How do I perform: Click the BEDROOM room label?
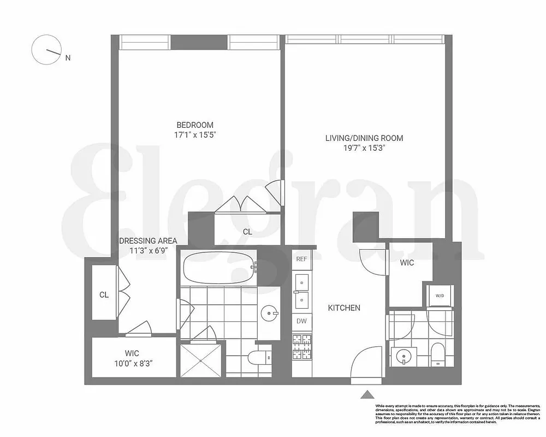tap(194, 125)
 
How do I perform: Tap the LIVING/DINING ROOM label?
tap(364, 138)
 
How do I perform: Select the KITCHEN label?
tap(343, 308)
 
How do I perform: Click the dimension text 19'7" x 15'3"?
tap(364, 147)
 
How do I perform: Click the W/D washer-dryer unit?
tap(440, 296)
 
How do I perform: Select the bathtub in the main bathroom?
tap(219, 267)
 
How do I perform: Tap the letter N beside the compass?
tap(68, 57)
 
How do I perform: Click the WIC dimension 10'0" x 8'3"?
tap(132, 363)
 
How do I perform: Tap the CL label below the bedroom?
tap(247, 232)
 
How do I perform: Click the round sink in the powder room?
tap(403, 356)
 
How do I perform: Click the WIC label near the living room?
tap(407, 263)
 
